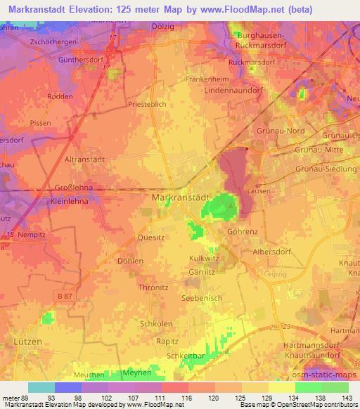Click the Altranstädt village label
(x=85, y=160)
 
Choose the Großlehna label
(x=76, y=188)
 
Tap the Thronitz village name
(x=153, y=287)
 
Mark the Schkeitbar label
(x=186, y=356)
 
